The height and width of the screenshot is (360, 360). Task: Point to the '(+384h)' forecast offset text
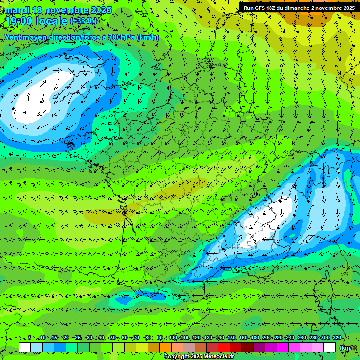(83, 21)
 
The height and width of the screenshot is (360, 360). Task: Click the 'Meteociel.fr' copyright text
(206, 357)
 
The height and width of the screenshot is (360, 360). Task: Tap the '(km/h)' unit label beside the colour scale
(347, 347)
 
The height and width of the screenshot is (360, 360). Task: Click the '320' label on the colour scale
(337, 338)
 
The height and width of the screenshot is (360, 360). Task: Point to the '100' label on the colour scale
(172, 338)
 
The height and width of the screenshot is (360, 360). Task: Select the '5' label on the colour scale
(30, 338)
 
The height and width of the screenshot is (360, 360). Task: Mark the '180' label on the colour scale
(255, 338)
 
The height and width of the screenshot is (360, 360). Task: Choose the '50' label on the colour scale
(113, 338)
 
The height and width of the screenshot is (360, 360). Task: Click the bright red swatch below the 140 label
(224, 347)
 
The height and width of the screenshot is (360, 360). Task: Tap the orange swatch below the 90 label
(165, 347)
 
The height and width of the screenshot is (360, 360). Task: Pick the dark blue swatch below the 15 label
(60, 347)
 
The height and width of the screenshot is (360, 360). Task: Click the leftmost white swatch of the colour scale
(25, 347)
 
